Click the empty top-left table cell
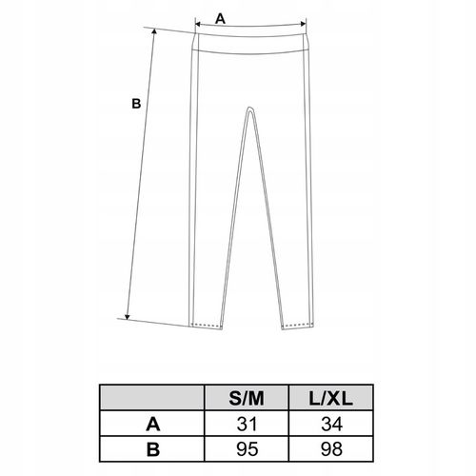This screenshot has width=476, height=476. coord(151,395)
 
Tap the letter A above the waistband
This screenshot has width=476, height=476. coord(221,17)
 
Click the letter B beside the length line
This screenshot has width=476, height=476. coord(135,105)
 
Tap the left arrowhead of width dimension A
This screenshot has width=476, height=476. coord(197,27)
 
